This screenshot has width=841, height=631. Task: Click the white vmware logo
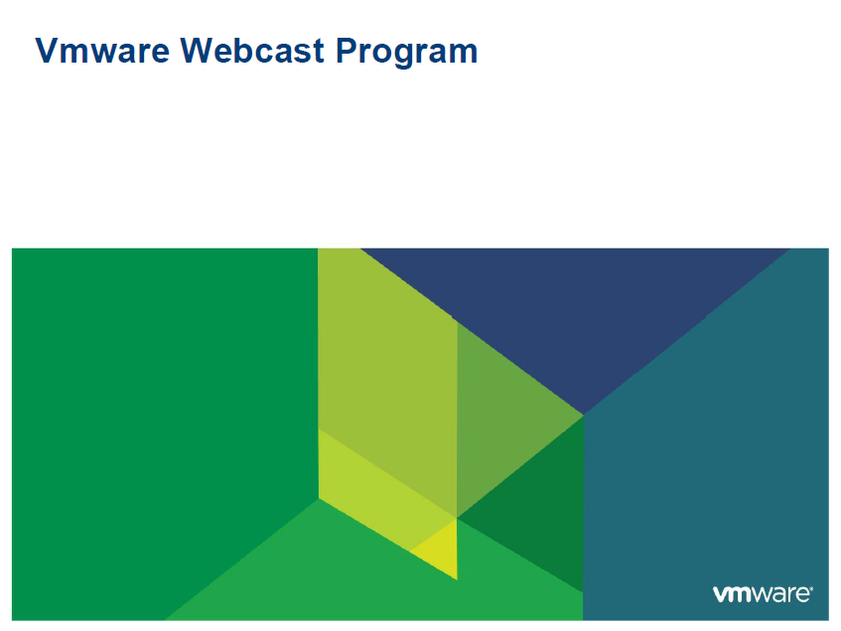[x=762, y=594]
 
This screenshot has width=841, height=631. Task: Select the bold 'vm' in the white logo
[x=731, y=594]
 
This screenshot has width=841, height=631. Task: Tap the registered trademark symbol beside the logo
[x=813, y=589]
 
